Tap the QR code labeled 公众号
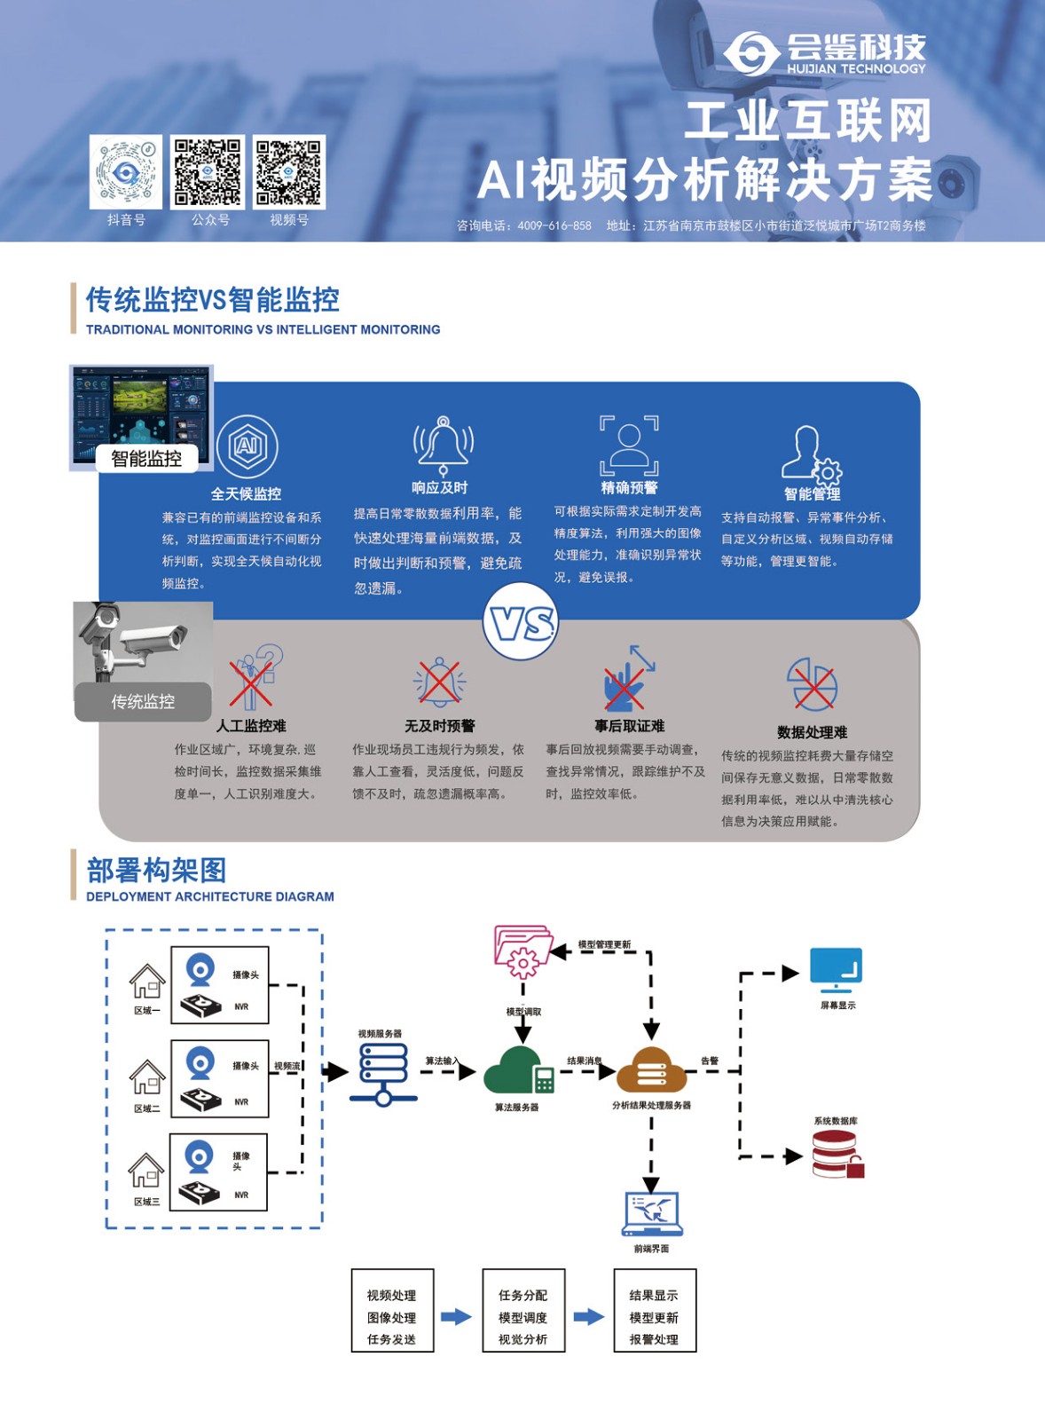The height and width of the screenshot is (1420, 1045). [208, 172]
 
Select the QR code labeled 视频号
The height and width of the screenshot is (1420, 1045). [289, 172]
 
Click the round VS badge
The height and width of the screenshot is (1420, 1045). [521, 622]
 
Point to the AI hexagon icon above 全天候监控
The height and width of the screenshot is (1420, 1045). [247, 446]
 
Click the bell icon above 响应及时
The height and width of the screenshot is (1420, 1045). [444, 444]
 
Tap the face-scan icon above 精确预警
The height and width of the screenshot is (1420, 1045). [629, 445]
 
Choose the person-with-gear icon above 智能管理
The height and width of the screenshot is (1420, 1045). [811, 454]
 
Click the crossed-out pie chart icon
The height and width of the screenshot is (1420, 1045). [813, 684]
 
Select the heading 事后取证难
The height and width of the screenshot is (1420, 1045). [629, 726]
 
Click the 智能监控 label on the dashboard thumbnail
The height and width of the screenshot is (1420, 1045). [146, 458]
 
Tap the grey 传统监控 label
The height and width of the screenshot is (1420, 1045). [143, 702]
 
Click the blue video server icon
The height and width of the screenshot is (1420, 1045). [383, 1073]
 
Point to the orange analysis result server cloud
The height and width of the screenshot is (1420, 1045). [652, 1070]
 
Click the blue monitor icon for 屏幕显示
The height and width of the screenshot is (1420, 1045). [836, 970]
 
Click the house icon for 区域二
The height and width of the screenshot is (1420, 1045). [147, 1077]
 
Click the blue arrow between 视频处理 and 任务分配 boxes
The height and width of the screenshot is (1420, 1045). [456, 1316]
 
